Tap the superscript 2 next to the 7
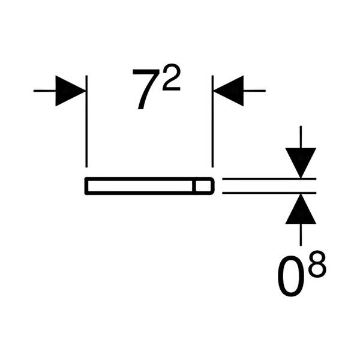pyautogui.click(x=172, y=77)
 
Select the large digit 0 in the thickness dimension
pyautogui.click(x=291, y=277)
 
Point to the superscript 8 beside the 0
pyautogui.click(x=317, y=264)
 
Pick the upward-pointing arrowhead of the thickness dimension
pyautogui.click(x=301, y=209)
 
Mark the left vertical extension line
pyautogui.click(x=86, y=121)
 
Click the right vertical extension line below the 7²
pyautogui.click(x=212, y=121)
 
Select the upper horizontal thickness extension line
pyautogui.click(x=269, y=179)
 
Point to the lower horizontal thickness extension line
pyautogui.click(x=269, y=193)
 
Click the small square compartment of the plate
pyautogui.click(x=203, y=186)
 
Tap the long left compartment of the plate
pyautogui.click(x=140, y=186)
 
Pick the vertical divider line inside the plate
pyautogui.click(x=194, y=186)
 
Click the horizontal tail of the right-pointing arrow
pyautogui.click(x=44, y=91)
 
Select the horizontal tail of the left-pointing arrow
pyautogui.click(x=254, y=91)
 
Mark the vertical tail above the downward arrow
pyautogui.click(x=301, y=137)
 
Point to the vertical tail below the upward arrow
pyautogui.click(x=301, y=235)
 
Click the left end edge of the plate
pyautogui.click(x=86, y=186)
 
